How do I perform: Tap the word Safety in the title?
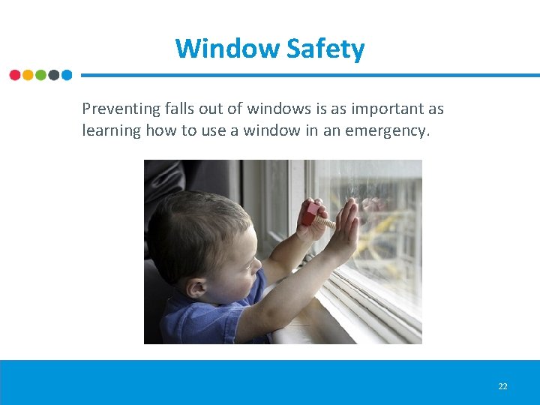pos(326,49)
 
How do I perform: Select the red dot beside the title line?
pos(15,75)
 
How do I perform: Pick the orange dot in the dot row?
pos(28,75)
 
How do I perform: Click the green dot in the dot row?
pos(40,75)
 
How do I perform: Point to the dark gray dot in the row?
pos(53,75)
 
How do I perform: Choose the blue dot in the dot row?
pos(67,75)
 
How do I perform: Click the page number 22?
pos(502,386)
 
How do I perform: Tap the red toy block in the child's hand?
pos(310,214)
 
